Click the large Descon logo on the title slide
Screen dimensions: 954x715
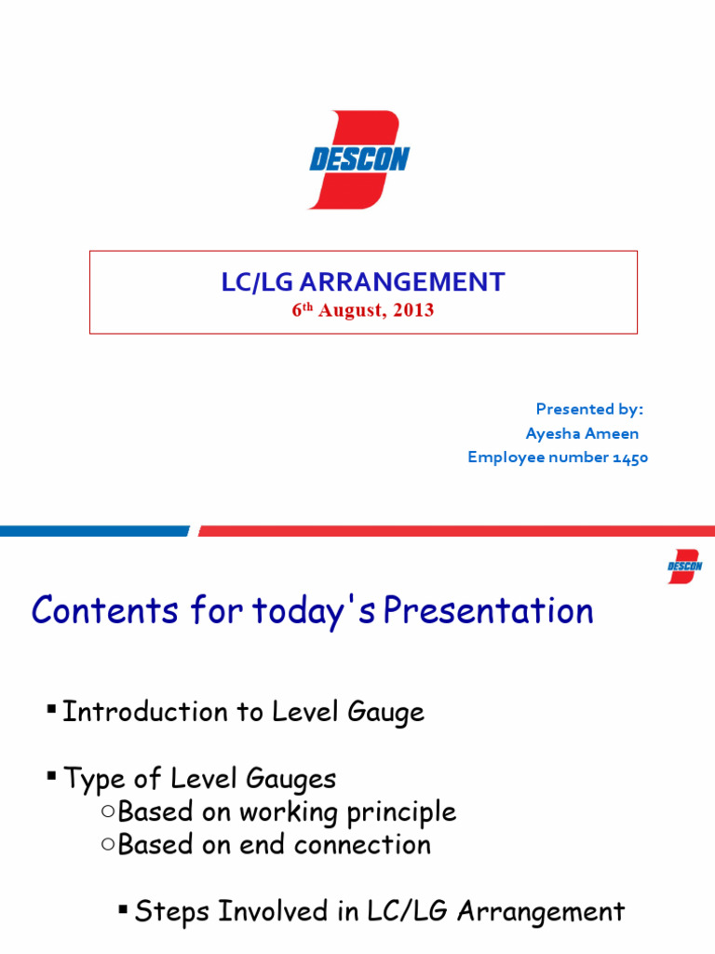click(358, 159)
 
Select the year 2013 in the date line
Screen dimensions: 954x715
click(412, 310)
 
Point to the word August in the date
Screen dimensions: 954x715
click(351, 310)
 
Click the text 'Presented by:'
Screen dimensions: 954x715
click(589, 409)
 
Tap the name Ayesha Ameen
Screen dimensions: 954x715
click(582, 433)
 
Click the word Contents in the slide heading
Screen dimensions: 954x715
click(104, 611)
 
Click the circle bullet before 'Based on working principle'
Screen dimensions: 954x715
click(108, 811)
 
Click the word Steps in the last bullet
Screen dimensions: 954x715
click(170, 911)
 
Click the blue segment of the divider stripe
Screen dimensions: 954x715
click(93, 531)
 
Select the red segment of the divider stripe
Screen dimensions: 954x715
click(456, 531)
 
